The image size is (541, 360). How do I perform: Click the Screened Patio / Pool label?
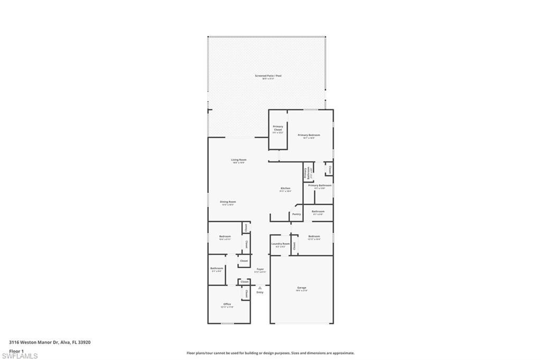tap(268, 76)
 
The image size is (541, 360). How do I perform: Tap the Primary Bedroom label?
tap(309, 135)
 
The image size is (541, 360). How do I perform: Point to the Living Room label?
tap(239, 160)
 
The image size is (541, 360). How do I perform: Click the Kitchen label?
tap(285, 188)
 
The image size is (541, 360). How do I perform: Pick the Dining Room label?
tap(228, 202)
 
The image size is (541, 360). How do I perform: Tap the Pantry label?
tap(296, 214)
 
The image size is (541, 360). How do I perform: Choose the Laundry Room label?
tap(281, 244)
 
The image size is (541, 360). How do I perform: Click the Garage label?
tap(301, 288)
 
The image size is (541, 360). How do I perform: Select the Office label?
tap(227, 304)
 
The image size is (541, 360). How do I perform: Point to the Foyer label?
tap(260, 269)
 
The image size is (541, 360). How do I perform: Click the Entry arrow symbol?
tap(259, 288)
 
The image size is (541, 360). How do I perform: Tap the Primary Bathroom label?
tap(320, 185)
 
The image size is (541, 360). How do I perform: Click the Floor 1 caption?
tap(16, 350)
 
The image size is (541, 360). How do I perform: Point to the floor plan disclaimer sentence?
tap(270, 353)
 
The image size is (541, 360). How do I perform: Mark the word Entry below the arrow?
tap(259, 292)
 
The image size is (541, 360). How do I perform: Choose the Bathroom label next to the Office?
tap(217, 268)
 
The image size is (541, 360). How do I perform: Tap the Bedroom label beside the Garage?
tap(314, 236)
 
